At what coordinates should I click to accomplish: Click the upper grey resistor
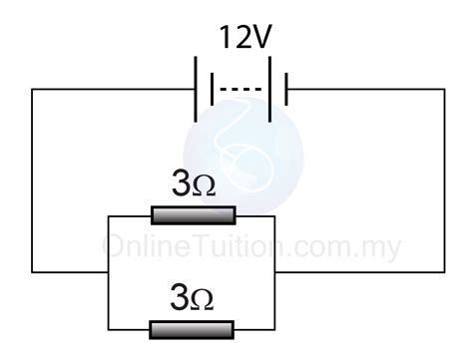(x=193, y=214)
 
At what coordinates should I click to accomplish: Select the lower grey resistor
(x=193, y=329)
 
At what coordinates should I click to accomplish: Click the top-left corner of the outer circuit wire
(x=32, y=91)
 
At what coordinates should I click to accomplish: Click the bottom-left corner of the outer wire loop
(x=32, y=271)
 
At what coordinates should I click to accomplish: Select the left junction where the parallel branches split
(x=107, y=271)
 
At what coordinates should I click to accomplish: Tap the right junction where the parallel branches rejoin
(x=276, y=271)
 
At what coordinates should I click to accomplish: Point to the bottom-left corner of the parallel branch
(x=107, y=329)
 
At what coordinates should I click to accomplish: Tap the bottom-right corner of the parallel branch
(x=276, y=329)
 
